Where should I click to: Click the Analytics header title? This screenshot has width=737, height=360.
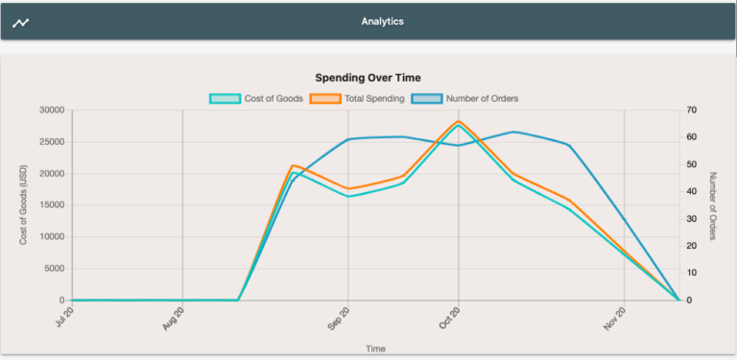pos(382,20)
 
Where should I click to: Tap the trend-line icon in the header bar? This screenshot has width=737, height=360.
pos(21,22)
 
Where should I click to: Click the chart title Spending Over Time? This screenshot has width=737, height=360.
pos(368,78)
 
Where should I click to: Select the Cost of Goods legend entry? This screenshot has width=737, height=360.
pos(256,98)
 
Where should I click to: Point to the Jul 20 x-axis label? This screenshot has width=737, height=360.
pos(63,319)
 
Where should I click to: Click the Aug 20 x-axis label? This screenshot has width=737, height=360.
pos(174,319)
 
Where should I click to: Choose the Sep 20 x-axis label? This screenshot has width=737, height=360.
pos(338,319)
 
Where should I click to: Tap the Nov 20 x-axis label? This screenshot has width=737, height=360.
pos(615,319)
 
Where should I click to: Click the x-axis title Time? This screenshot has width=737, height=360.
pos(375,348)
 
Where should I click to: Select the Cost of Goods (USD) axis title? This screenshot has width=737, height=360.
pos(23,205)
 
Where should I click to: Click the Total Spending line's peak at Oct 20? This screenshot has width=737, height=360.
pos(459,121)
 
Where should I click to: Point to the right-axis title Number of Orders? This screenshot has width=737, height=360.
pos(714,205)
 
